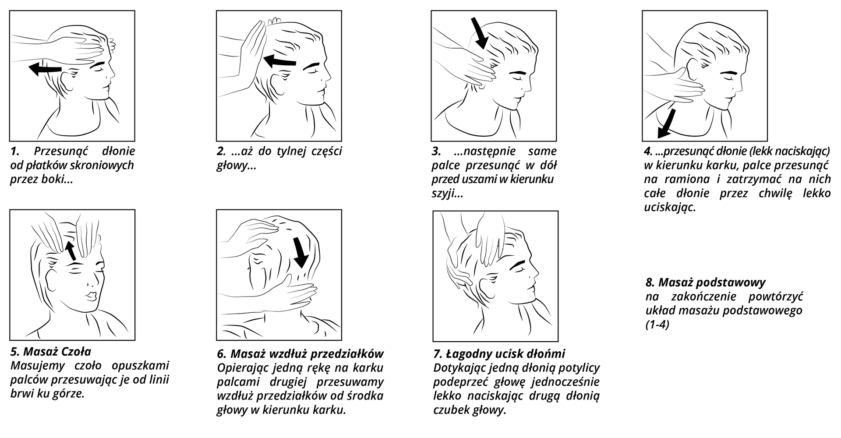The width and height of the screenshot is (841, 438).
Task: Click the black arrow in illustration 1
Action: tap(45, 68)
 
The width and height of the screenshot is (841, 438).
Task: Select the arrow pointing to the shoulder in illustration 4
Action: tap(667, 123)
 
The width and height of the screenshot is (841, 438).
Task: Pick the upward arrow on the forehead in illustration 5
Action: tap(71, 250)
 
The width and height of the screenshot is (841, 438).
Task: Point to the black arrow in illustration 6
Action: tap(301, 253)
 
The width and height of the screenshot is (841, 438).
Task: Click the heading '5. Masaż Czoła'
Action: tap(51, 351)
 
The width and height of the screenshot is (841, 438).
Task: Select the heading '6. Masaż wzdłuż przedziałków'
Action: tap(300, 353)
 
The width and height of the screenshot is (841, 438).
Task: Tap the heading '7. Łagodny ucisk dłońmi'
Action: tap(499, 354)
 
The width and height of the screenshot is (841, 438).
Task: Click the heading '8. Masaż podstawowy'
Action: tap(706, 282)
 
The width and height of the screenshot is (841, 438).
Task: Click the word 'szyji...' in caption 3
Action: tap(447, 194)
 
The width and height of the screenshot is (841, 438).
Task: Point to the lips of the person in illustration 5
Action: tap(91, 296)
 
